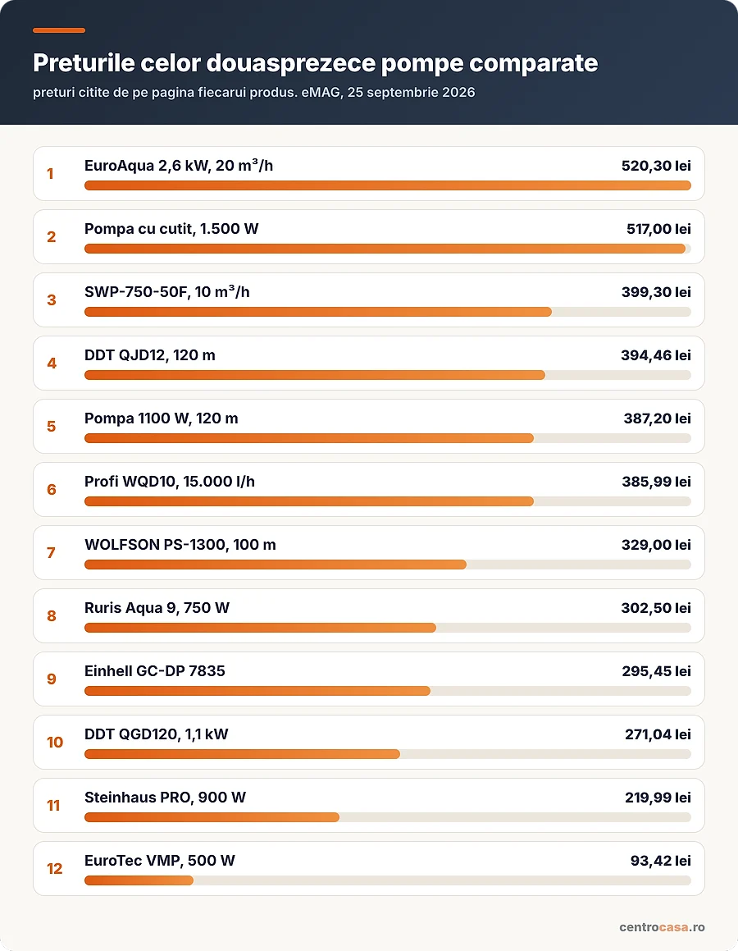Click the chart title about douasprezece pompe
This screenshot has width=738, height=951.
315,63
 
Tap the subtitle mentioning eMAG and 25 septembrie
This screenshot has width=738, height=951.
254,92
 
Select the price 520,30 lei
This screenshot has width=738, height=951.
656,166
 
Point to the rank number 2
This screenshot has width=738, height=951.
52,236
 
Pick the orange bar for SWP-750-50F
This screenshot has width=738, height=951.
318,312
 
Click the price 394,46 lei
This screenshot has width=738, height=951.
656,355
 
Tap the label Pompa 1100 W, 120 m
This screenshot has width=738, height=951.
162,418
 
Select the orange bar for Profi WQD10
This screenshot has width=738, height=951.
309,501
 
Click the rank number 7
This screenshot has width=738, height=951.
52,552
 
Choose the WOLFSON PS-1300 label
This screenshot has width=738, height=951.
180,545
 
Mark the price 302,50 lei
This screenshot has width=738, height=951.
656,608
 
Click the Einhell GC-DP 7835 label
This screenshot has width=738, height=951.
154,671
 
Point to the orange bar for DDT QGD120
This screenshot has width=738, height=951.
243,754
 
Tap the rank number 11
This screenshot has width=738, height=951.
53,806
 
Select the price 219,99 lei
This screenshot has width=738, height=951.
658,798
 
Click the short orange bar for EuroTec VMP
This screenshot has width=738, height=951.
139,880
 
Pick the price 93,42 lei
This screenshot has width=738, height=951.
660,861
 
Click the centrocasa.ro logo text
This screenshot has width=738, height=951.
662,927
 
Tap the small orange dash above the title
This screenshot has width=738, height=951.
59,30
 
